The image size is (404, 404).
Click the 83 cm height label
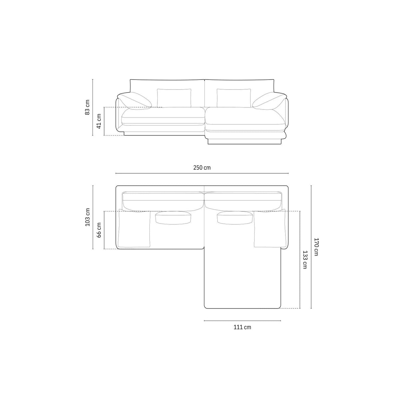click(88, 107)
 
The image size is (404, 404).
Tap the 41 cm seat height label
click(99, 121)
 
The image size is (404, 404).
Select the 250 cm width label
click(202, 168)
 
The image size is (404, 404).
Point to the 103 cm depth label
click(88, 217)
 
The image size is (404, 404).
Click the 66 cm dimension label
click(99, 230)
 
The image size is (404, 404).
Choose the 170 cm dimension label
click(316, 247)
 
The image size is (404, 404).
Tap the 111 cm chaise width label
click(242, 327)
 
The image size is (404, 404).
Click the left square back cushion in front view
click(174, 98)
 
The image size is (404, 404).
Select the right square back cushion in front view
click(234, 98)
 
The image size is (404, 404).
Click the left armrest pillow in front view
click(135, 101)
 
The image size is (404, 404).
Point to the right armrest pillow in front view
click(269, 101)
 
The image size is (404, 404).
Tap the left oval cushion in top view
click(173, 218)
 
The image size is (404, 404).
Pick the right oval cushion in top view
click(234, 218)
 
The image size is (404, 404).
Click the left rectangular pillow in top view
click(134, 229)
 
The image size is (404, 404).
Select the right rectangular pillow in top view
click(270, 229)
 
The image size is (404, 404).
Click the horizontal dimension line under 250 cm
click(202, 173)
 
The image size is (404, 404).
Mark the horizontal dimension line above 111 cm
click(242, 321)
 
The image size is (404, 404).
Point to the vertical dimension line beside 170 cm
click(311, 247)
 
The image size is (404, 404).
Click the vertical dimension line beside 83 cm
click(93, 107)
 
